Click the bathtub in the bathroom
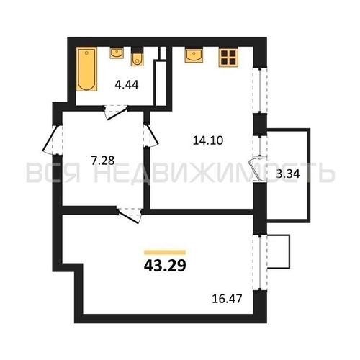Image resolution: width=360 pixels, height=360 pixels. (x=86, y=69)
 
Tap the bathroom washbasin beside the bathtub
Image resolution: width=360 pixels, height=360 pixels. (x=117, y=53)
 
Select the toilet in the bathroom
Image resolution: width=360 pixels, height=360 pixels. (x=137, y=56)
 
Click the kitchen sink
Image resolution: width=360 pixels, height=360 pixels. (x=194, y=55)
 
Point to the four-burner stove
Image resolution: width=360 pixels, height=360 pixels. (x=228, y=58)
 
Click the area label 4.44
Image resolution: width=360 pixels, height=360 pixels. (x=127, y=85)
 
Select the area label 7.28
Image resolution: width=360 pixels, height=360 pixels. (x=103, y=161)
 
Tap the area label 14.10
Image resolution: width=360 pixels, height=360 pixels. (x=208, y=140)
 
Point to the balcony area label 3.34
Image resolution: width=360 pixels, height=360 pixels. (x=288, y=174)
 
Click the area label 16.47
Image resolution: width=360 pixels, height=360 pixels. (x=227, y=299)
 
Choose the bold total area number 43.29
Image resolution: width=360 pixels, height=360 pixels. (x=165, y=266)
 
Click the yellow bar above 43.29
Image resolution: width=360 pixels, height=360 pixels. (x=165, y=252)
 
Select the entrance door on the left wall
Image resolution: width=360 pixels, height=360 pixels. (x=53, y=139)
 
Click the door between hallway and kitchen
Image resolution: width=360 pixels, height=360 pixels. (x=150, y=135)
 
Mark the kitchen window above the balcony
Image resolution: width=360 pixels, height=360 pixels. (x=260, y=91)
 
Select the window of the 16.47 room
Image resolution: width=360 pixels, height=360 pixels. (x=260, y=262)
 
